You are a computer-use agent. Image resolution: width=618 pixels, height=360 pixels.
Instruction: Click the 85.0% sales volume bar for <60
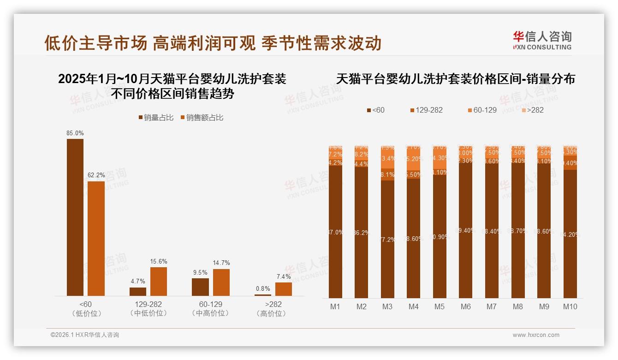(x=75, y=217)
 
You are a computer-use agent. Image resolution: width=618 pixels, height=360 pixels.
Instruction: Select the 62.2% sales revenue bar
(x=96, y=238)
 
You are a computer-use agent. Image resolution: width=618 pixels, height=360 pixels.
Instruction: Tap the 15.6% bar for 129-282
(x=159, y=281)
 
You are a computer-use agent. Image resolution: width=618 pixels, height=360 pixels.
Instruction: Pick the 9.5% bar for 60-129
(x=200, y=287)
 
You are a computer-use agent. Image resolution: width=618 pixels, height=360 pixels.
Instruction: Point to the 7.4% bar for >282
(x=284, y=289)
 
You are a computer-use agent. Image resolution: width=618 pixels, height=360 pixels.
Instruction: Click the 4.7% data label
(x=138, y=281)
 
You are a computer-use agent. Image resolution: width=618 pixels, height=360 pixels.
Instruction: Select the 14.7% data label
(x=221, y=263)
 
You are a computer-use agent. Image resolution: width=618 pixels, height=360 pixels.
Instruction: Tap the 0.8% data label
(x=263, y=288)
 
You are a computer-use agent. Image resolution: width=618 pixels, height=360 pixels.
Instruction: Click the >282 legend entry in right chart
(x=535, y=110)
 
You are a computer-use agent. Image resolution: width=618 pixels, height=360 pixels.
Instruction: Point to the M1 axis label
(x=335, y=306)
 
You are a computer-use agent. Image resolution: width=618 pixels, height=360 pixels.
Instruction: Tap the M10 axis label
(x=570, y=306)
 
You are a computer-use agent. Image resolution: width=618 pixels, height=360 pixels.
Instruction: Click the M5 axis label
(x=440, y=306)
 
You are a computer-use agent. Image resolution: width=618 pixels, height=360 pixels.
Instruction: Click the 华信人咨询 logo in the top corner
(x=542, y=40)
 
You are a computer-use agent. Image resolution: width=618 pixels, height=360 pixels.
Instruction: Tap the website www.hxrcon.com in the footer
(x=536, y=335)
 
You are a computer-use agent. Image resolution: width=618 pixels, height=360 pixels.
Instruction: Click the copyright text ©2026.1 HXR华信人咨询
(x=84, y=335)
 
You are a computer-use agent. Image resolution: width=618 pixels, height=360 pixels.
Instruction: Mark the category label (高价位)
(x=273, y=313)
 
